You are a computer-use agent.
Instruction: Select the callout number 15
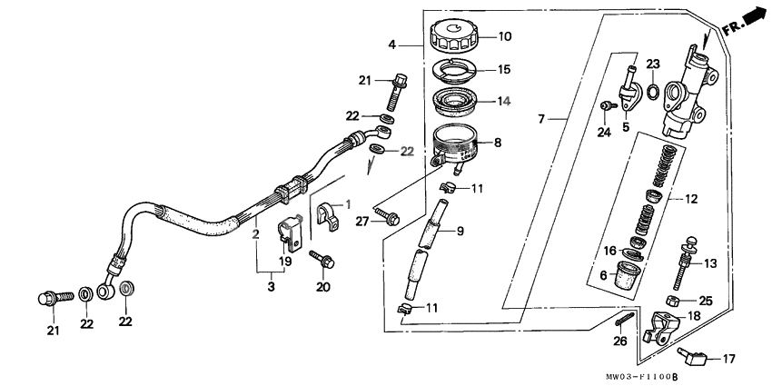[x=504, y=69]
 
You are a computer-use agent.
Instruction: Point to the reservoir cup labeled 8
[x=457, y=144]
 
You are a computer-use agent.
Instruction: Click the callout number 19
[x=285, y=262]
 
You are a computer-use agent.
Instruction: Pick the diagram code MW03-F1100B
[x=644, y=376]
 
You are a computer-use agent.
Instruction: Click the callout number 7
[x=541, y=119]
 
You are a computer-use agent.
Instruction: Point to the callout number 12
[x=691, y=197]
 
